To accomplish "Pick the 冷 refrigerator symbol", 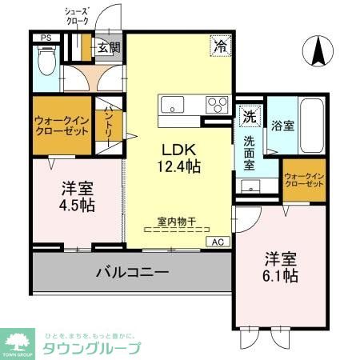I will [218, 46].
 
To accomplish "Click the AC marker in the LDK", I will [218, 241].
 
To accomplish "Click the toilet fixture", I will [45, 58].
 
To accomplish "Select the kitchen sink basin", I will [172, 104].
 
